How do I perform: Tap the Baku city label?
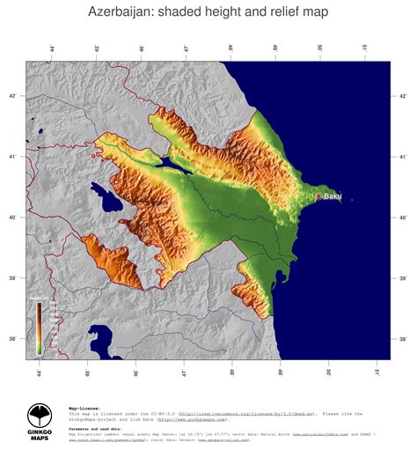(332, 196)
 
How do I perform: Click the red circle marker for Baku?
(318, 196)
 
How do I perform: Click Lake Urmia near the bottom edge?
(100, 338)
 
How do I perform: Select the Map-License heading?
(84, 384)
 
